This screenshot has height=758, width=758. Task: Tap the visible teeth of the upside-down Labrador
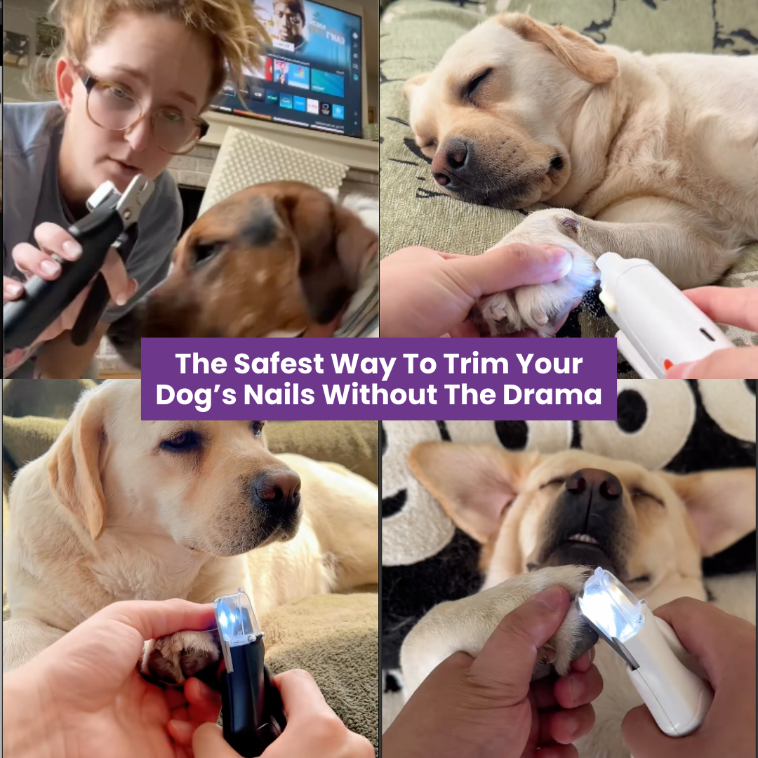coord(583,538)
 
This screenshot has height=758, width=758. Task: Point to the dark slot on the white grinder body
coord(707,335)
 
